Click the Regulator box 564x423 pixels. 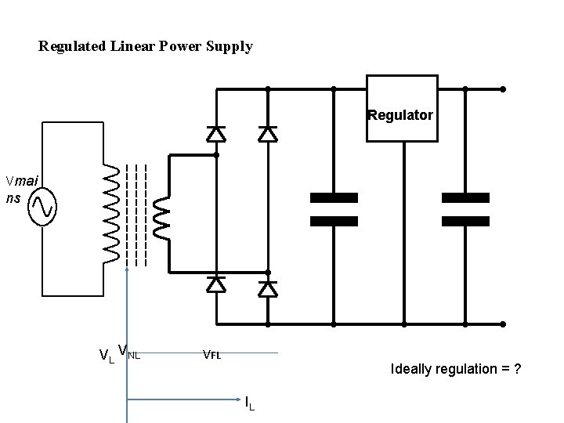pyautogui.click(x=402, y=109)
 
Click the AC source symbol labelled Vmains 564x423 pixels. pyautogui.click(x=42, y=208)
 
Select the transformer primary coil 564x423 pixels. pyautogui.click(x=111, y=212)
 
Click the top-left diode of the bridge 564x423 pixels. pyautogui.click(x=216, y=134)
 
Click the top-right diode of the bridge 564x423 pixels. pyautogui.click(x=268, y=134)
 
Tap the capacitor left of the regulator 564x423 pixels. pyautogui.click(x=334, y=209)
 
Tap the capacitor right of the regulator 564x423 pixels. pyautogui.click(x=465, y=209)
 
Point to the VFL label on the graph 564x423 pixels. pyautogui.click(x=211, y=354)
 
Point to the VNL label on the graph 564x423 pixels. pyautogui.click(x=128, y=352)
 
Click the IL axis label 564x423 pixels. pyautogui.click(x=249, y=403)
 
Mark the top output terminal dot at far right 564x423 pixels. pyautogui.click(x=503, y=89)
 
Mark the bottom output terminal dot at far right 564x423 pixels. pyautogui.click(x=503, y=324)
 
